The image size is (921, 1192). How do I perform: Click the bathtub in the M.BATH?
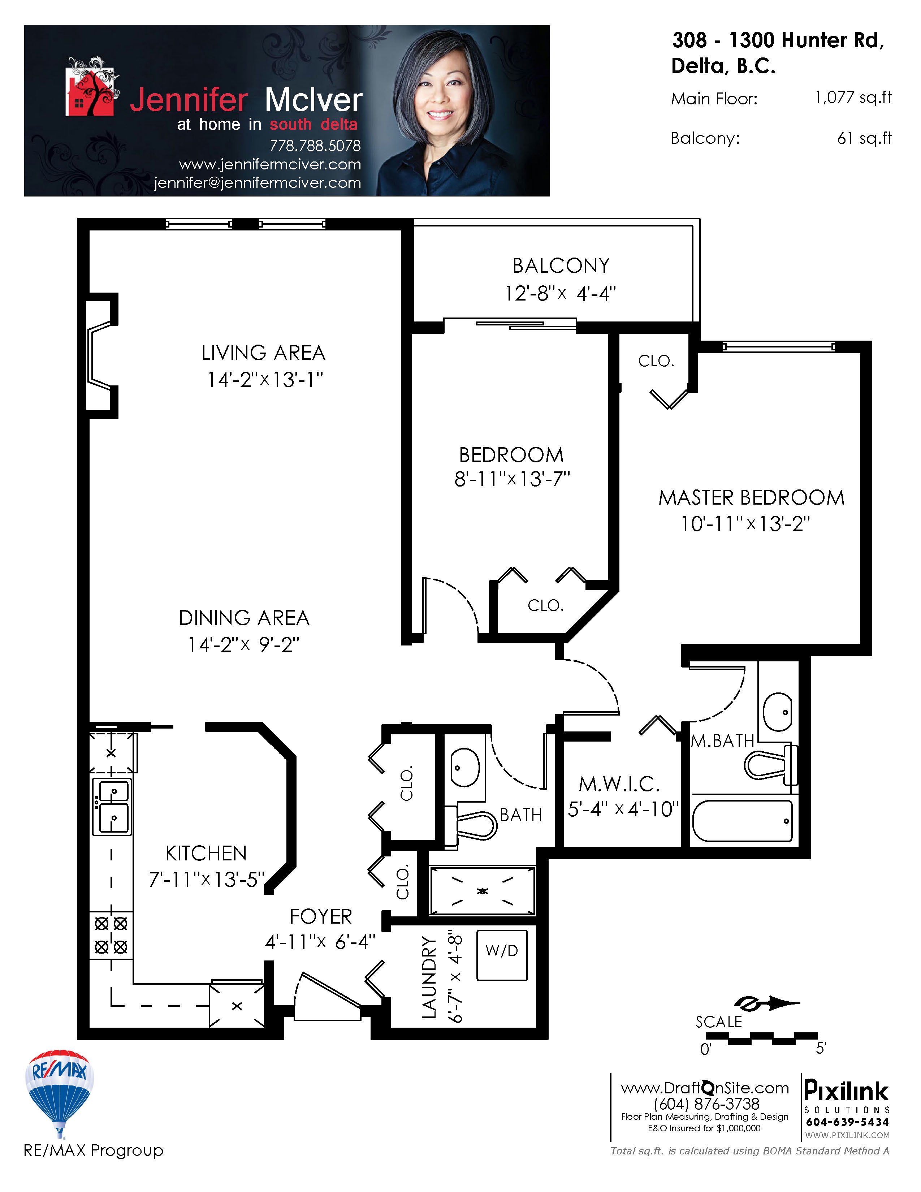pyautogui.click(x=743, y=821)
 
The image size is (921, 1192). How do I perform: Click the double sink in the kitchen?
pyautogui.click(x=112, y=807)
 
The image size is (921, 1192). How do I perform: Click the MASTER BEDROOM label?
pyautogui.click(x=751, y=498)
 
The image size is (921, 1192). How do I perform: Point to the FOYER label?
pyautogui.click(x=321, y=916)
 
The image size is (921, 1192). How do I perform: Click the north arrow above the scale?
pyautogui.click(x=766, y=1003)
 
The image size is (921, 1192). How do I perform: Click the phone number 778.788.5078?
pyautogui.click(x=315, y=146)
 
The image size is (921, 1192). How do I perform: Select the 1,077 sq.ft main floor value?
pyautogui.click(x=853, y=98)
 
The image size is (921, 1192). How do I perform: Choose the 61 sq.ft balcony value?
pyautogui.click(x=864, y=139)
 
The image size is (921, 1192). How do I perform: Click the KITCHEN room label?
pyautogui.click(x=206, y=853)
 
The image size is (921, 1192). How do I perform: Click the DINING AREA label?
pyautogui.click(x=244, y=618)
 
